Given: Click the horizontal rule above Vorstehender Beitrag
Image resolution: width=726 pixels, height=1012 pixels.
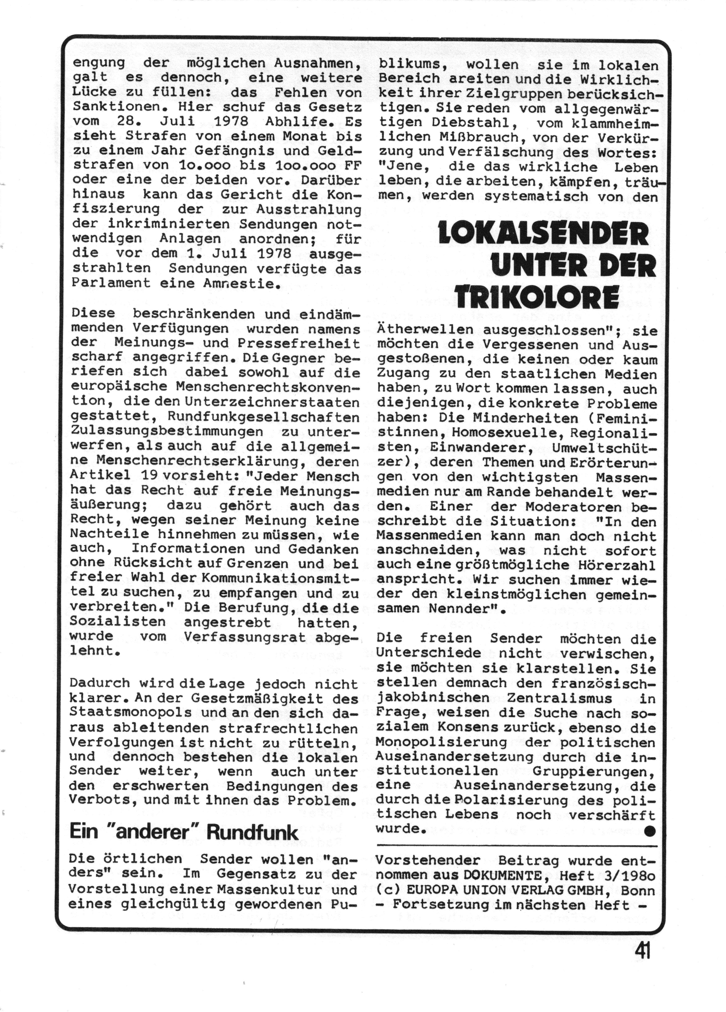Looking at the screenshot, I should coord(516,846).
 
